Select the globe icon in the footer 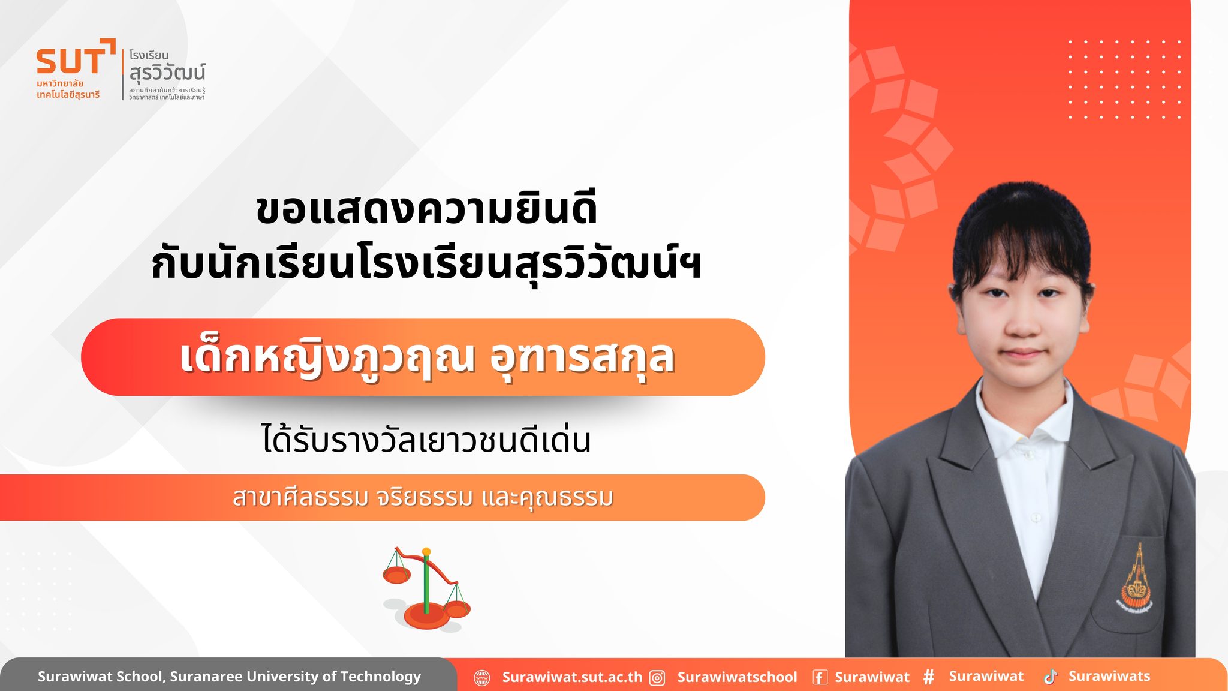(482, 678)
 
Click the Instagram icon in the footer (658, 678)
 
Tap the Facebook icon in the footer (820, 677)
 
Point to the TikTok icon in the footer (1051, 677)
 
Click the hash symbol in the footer (929, 677)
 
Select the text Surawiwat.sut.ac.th (572, 677)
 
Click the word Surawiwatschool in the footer (737, 677)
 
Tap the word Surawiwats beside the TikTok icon (1109, 676)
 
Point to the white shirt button (1035, 517)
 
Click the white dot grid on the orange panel (1125, 79)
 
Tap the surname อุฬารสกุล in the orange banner (582, 358)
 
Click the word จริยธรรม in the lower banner (425, 497)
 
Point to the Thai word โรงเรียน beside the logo (149, 55)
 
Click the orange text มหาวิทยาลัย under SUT (60, 83)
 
